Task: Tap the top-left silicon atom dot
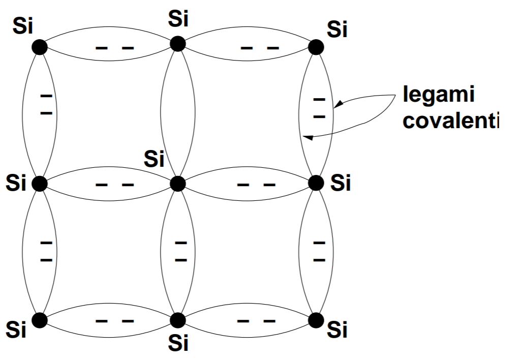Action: pos(39,47)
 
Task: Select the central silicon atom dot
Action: pos(177,183)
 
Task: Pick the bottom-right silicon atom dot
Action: pos(316,319)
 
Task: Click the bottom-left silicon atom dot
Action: pos(39,319)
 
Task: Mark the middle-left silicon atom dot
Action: pos(39,183)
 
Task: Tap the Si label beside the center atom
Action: pos(155,160)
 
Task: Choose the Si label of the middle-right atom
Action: pos(340,183)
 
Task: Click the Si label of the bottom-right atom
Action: pos(337,331)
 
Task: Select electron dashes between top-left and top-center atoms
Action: pos(115,48)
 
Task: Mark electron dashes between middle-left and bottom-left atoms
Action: pos(46,252)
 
